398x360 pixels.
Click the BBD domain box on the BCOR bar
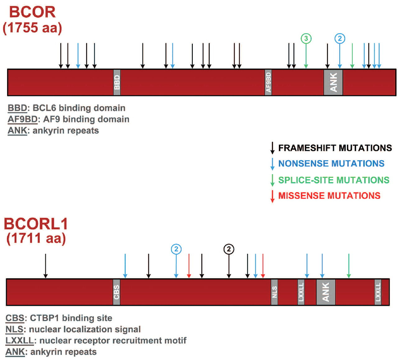[117, 82]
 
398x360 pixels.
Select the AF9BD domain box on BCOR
[268, 82]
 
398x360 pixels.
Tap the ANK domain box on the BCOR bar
[333, 82]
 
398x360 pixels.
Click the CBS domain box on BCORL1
[117, 292]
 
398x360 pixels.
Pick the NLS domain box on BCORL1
[274, 292]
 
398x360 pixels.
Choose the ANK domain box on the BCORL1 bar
[326, 292]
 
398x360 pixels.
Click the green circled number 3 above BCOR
[306, 39]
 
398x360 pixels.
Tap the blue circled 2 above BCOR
[340, 39]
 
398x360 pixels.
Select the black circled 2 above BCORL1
[229, 249]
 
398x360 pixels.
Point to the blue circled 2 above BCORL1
[176, 249]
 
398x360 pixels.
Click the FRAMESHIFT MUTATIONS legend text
[335, 148]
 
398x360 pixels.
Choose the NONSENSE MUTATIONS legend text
[331, 163]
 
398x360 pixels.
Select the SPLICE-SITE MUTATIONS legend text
[334, 180]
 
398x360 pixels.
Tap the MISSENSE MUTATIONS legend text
[329, 196]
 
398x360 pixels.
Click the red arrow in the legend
[272, 196]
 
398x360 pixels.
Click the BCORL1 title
[36, 224]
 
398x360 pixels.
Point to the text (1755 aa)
[32, 28]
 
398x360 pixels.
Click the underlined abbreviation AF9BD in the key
[22, 119]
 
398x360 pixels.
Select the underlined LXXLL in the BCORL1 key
[19, 340]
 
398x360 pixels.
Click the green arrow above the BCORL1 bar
[349, 266]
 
